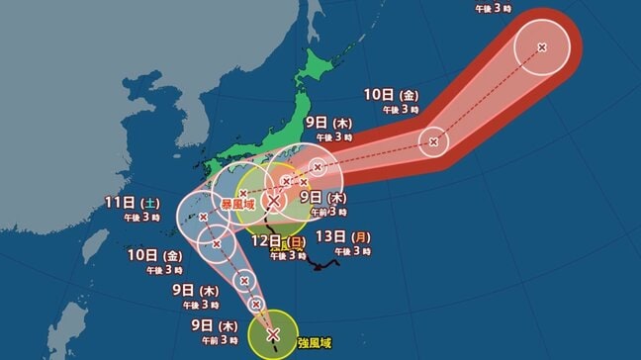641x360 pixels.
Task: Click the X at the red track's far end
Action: click(x=542, y=47)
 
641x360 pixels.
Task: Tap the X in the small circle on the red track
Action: click(x=433, y=142)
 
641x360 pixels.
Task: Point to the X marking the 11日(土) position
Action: click(x=203, y=217)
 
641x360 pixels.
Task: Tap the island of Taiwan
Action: click(x=68, y=330)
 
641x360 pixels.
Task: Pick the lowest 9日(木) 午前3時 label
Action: click(x=194, y=330)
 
